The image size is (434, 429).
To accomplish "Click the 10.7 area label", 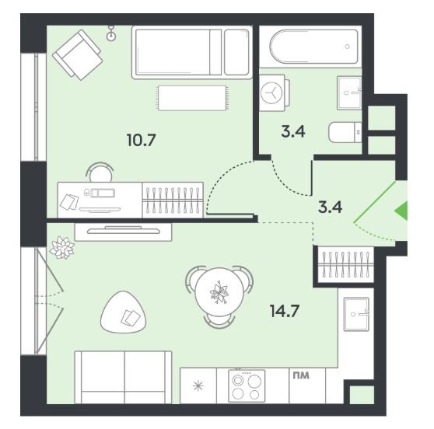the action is [x=142, y=140].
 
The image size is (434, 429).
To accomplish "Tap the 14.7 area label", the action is [x=285, y=311].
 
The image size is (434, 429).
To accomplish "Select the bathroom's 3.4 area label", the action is [x=293, y=131].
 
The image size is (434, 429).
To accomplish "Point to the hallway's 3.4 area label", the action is [x=331, y=207].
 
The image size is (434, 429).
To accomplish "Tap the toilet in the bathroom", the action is [x=345, y=132].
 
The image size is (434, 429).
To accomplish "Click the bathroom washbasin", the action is [x=349, y=93].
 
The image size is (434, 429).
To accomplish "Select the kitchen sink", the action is [x=356, y=314].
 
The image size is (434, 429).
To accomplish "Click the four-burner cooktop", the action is [x=247, y=385].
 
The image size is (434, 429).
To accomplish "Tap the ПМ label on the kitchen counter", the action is [x=301, y=375].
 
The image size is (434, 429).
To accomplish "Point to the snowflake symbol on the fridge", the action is [x=198, y=385].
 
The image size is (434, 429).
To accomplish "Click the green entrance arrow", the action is [x=401, y=211].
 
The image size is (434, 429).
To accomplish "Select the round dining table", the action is [x=219, y=293].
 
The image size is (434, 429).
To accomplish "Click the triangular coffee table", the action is [x=124, y=312].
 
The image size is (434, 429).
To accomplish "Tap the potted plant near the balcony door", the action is [x=61, y=248].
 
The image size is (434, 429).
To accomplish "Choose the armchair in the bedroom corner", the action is [x=78, y=54].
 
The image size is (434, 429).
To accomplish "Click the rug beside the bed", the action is [x=193, y=98].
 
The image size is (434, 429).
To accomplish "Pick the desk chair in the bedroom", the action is [x=100, y=173].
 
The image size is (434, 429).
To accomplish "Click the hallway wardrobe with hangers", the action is [x=346, y=265].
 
